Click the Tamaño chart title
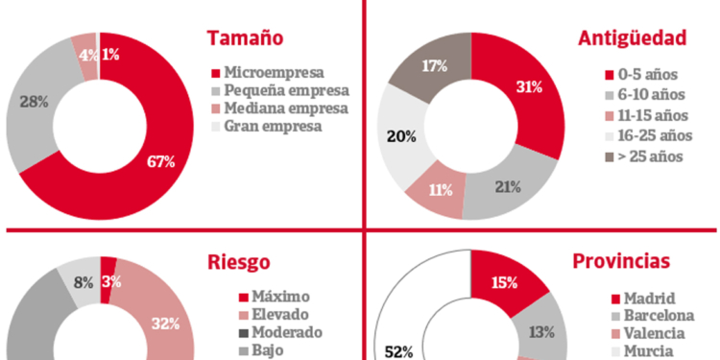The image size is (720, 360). (245, 38)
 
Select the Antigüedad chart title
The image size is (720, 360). (632, 38)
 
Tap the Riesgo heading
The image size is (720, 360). (238, 262)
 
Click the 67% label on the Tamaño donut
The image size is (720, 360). (160, 162)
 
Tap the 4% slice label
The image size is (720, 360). (87, 55)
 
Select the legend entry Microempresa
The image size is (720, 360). (274, 72)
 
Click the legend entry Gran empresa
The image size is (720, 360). (273, 127)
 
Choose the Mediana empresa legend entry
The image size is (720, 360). (286, 108)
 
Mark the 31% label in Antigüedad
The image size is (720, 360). (528, 87)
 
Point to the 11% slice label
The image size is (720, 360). (441, 189)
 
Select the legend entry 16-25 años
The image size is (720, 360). (657, 135)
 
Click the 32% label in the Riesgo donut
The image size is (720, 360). (165, 324)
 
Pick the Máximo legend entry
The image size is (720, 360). (276, 296)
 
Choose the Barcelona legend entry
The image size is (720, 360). (660, 316)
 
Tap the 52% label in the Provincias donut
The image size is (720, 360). (400, 351)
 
